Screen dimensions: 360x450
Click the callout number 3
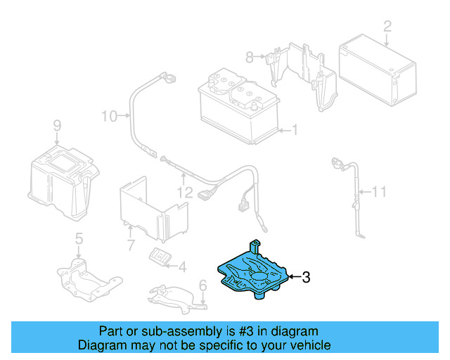306,278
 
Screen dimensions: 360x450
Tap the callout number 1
295,130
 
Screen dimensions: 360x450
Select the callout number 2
387,27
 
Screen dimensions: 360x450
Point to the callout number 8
248,56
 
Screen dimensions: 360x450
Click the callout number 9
57,126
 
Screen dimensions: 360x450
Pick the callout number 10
108,115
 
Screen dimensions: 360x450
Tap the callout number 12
184,192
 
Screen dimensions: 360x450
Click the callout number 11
380,191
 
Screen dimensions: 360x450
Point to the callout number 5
79,238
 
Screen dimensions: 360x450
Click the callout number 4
182,266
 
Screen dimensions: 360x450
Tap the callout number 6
202,286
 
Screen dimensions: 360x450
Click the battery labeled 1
239,109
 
